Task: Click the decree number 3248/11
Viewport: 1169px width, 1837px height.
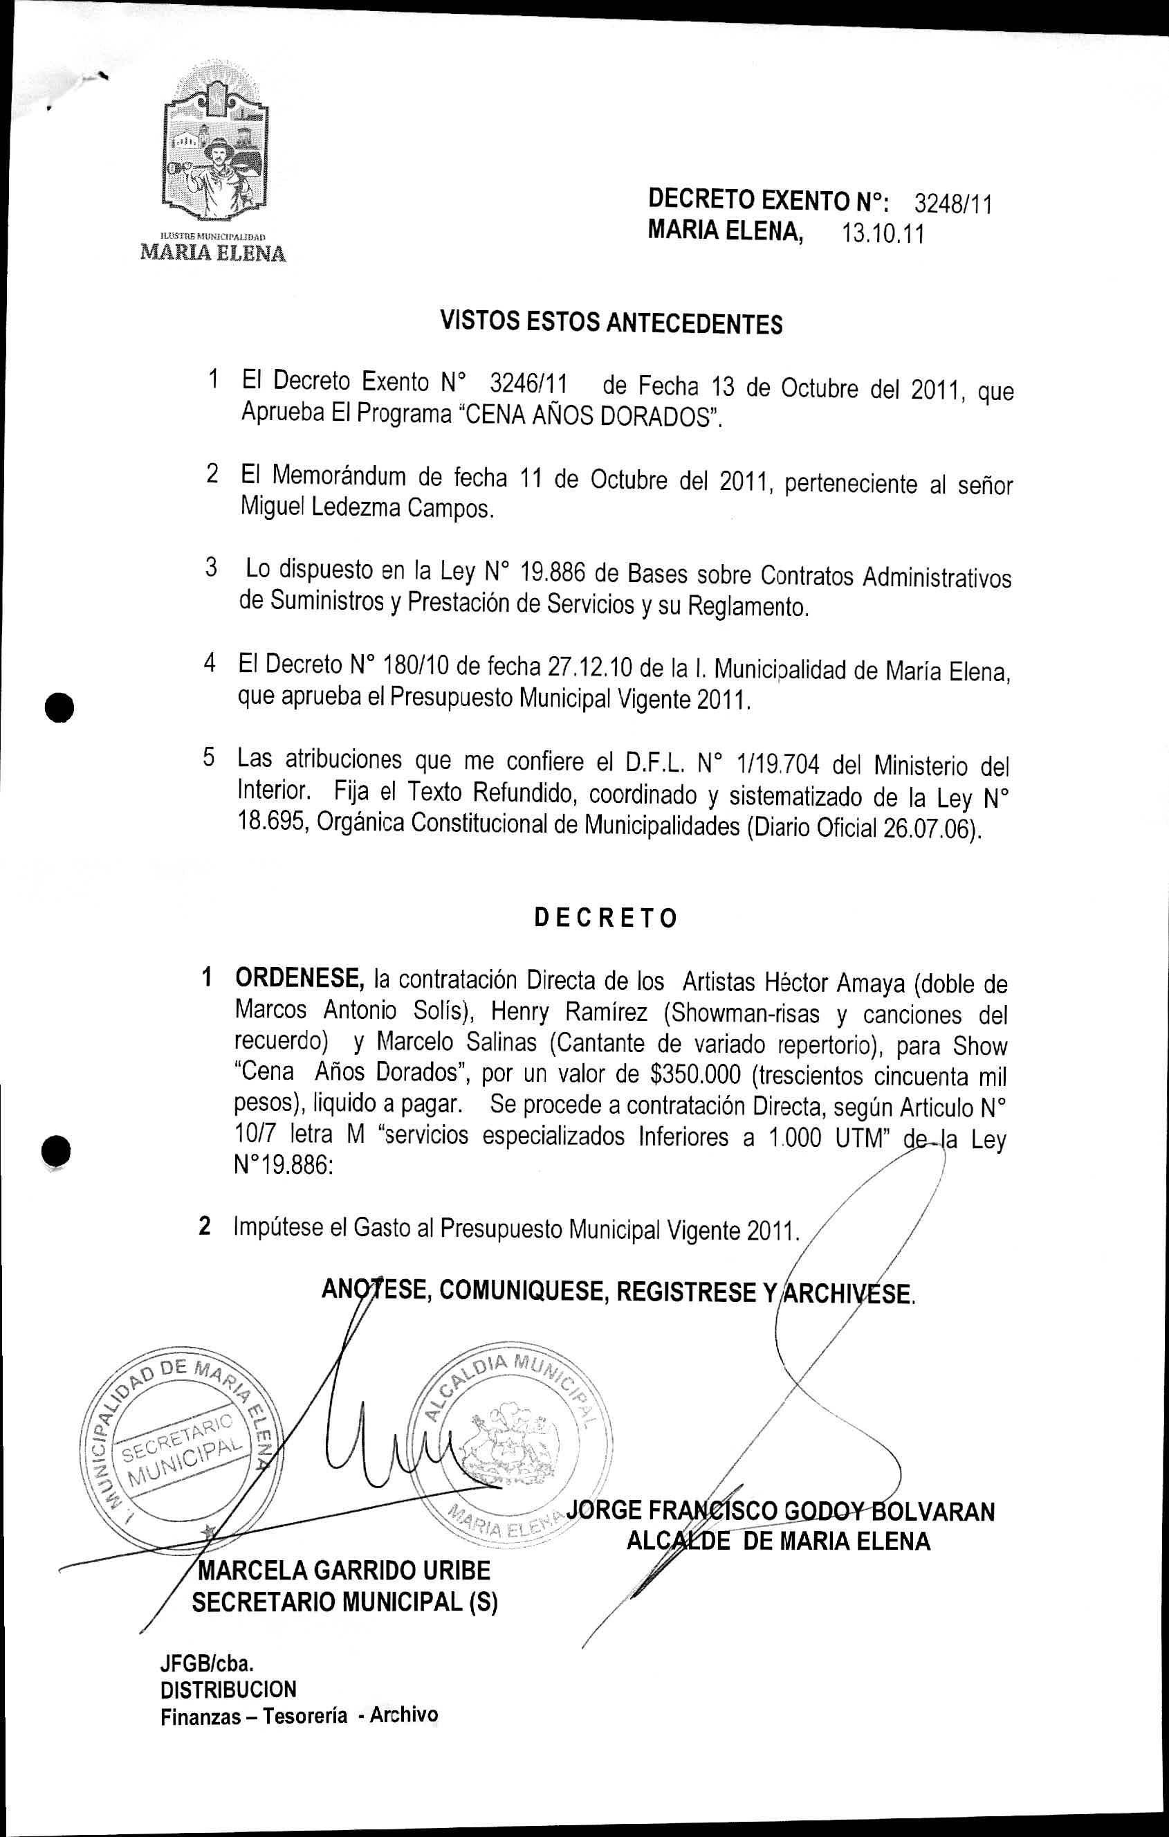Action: (953, 203)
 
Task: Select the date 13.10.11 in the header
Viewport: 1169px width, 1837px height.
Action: (882, 233)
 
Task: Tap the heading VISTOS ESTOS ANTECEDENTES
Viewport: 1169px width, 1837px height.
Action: (611, 323)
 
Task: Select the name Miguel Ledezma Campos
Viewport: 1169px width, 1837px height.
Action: (367, 507)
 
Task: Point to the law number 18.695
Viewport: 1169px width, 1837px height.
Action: (271, 822)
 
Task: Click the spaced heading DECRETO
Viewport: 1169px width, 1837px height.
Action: (605, 918)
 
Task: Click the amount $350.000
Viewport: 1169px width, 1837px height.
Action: (694, 1075)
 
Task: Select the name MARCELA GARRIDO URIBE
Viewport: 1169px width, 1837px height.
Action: (344, 1571)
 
